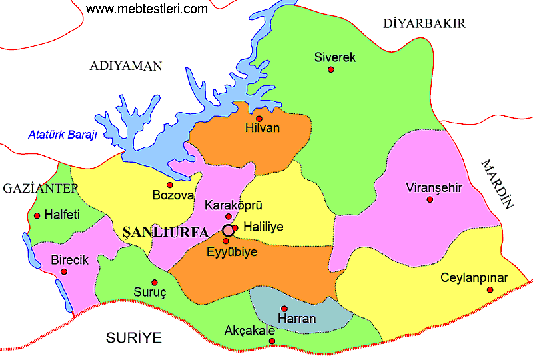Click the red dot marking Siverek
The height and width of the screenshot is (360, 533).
331,69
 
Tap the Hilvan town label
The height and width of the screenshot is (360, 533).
262,128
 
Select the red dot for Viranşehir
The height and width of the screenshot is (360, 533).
430,199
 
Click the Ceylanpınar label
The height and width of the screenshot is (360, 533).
474,278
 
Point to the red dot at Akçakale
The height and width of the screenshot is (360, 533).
272,341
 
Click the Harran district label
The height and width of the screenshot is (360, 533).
296,319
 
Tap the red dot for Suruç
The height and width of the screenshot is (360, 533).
155,282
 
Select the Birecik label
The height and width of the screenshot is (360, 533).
70,260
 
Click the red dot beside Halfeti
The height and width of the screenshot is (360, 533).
37,215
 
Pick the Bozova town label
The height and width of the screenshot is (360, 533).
173,196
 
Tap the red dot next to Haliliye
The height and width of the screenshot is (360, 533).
235,228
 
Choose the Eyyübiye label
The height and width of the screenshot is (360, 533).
231,252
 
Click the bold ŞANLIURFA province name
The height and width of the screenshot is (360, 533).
171,231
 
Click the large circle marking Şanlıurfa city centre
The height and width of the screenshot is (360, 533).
227,231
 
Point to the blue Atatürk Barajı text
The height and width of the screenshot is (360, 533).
63,135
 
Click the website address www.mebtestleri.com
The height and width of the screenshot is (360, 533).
147,9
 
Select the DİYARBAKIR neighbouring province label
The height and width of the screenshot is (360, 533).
424,24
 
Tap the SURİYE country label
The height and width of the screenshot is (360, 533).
134,338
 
